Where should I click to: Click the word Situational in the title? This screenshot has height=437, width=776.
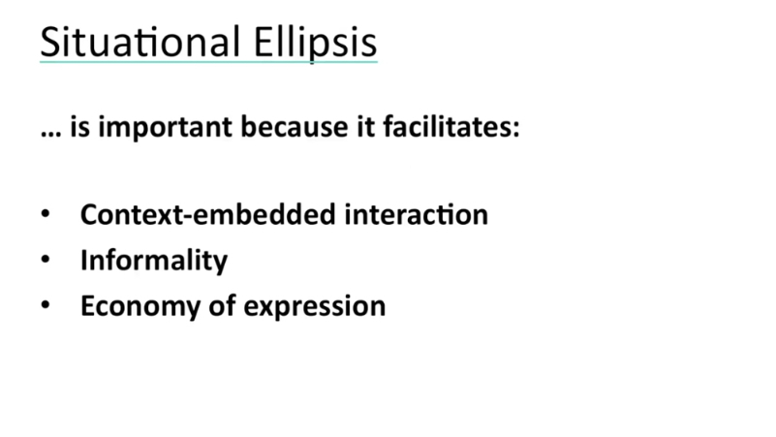point(140,42)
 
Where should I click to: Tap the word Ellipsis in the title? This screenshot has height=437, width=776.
point(315,44)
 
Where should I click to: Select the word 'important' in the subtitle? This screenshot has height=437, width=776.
point(165,128)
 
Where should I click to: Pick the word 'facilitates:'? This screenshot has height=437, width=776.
point(451,126)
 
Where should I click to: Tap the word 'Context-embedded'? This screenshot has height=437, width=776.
point(208,215)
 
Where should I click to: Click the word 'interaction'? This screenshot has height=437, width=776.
point(417,215)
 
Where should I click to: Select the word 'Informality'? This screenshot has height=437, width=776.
point(154,261)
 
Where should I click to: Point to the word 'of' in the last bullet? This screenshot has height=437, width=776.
point(222,305)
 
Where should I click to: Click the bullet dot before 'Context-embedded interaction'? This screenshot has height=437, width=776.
point(46,214)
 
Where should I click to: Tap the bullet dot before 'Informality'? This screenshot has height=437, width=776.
point(46,260)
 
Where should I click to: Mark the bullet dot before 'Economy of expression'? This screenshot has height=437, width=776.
point(46,305)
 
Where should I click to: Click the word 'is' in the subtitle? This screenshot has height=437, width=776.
point(80,127)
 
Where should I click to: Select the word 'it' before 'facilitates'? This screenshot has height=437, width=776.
point(366,127)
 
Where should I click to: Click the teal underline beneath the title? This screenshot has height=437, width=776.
point(209,62)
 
